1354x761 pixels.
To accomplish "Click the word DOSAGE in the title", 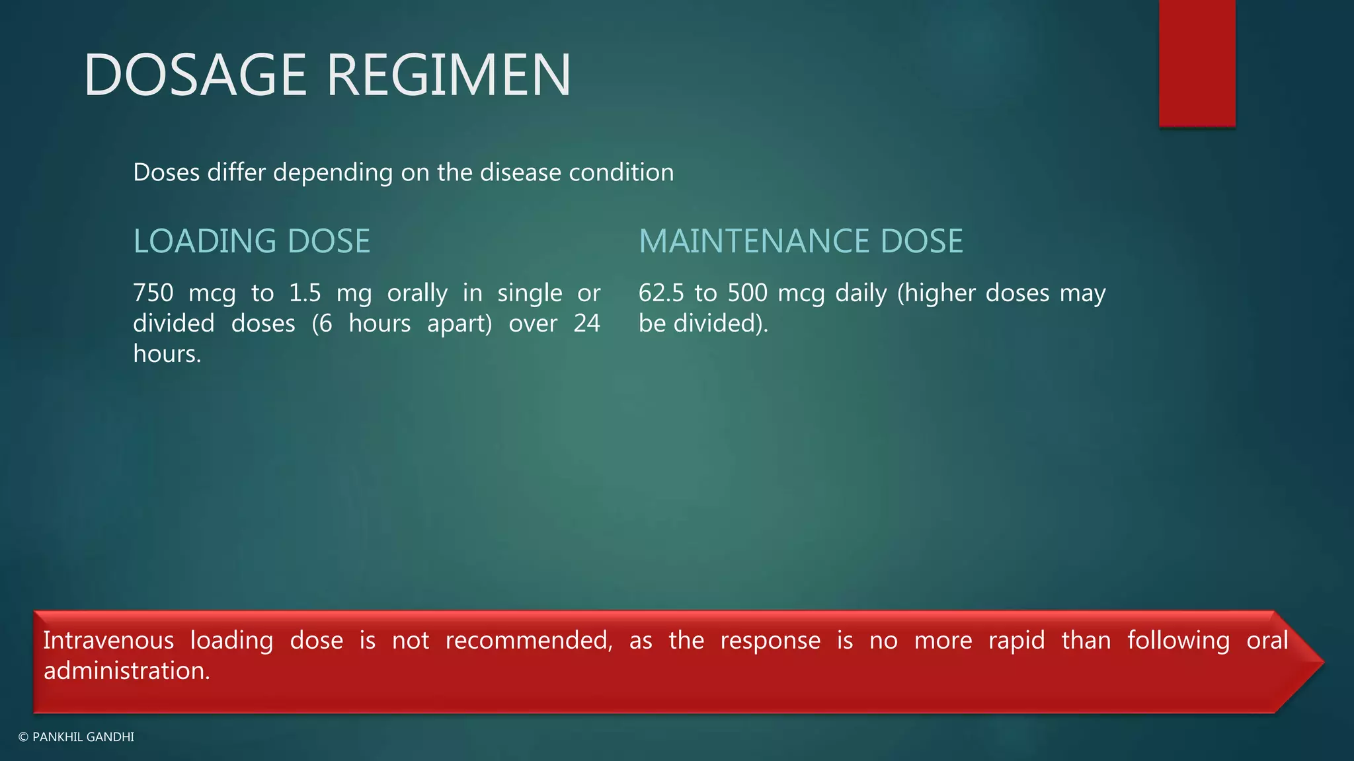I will [195, 75].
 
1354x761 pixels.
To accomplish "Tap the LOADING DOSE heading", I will [251, 241].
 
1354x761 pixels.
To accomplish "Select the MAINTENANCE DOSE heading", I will [800, 241].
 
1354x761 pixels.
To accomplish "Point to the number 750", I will [153, 293].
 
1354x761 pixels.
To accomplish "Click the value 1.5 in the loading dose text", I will [305, 293].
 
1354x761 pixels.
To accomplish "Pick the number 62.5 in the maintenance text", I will [660, 293].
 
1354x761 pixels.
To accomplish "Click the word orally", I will [417, 293].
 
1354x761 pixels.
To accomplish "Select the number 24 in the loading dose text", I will [586, 324].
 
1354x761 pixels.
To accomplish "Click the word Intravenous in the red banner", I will [108, 640].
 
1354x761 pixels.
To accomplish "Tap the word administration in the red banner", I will [126, 671].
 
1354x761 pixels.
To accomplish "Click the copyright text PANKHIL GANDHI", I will [83, 737].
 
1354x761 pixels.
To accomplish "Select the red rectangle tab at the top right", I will [1197, 63].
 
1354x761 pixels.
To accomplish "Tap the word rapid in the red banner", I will [1016, 640].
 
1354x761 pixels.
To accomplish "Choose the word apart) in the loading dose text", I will [459, 324].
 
